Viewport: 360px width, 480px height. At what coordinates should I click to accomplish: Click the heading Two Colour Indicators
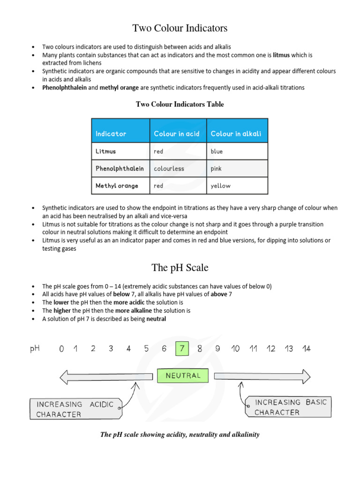(180, 28)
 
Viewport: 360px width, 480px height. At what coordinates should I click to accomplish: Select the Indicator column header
(111, 134)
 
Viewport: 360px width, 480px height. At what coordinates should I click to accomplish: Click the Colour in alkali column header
(236, 134)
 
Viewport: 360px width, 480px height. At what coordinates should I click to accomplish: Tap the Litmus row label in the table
(105, 151)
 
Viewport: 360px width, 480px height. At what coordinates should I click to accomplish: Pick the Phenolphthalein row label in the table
(120, 168)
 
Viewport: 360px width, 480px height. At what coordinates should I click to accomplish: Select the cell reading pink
(216, 168)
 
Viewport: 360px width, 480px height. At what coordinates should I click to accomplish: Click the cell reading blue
(217, 151)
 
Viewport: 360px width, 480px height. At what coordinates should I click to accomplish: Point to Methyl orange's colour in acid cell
(158, 186)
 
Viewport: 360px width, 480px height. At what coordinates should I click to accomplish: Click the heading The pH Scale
(180, 268)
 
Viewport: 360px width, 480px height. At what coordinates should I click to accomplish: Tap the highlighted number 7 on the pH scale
(182, 349)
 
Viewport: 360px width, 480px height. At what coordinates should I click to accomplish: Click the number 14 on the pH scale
(306, 349)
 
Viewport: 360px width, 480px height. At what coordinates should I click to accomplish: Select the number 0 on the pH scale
(61, 349)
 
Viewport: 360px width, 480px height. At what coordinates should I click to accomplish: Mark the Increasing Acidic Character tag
(75, 409)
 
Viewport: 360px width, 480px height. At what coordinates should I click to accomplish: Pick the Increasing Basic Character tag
(287, 407)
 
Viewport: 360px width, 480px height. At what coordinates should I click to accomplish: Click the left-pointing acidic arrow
(106, 375)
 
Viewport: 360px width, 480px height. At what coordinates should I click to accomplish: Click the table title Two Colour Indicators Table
(180, 105)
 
